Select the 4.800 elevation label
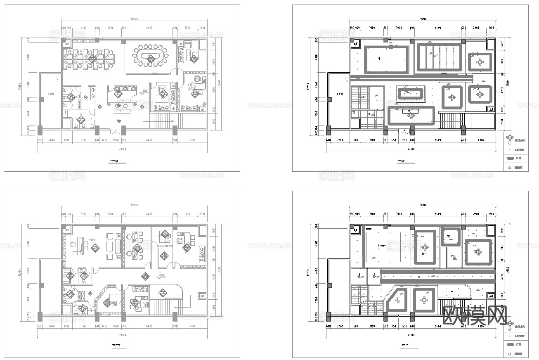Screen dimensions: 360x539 point(162,275)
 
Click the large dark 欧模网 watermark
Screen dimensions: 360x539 point(474,315)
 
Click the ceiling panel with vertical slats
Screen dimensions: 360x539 point(439,57)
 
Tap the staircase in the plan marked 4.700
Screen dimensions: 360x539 point(162,122)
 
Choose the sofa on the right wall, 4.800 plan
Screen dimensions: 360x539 point(203,253)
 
